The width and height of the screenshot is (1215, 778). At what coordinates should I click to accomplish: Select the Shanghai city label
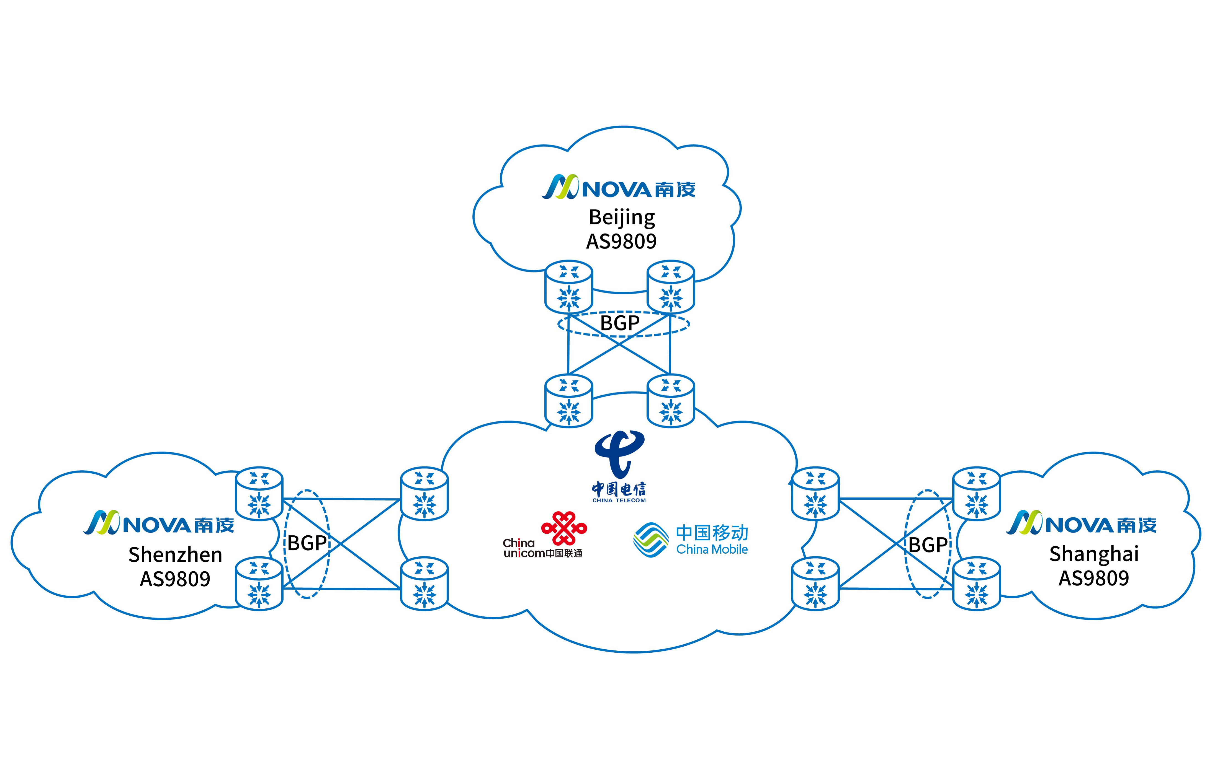pyautogui.click(x=1094, y=554)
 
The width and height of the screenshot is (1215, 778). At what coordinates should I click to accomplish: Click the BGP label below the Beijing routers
pyautogui.click(x=620, y=323)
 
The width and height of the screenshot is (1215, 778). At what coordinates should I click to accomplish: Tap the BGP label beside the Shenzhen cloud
pyautogui.click(x=307, y=543)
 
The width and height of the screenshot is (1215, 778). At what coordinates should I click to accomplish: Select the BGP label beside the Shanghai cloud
pyautogui.click(x=928, y=544)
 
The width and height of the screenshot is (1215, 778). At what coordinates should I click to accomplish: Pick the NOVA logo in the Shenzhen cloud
pyautogui.click(x=159, y=523)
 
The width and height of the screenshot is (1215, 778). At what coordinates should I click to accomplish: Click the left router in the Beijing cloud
pyautogui.click(x=569, y=286)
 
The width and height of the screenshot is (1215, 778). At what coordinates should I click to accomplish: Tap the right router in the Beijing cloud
pyautogui.click(x=671, y=286)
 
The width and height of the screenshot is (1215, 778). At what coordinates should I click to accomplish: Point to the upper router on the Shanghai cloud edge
pyautogui.click(x=976, y=493)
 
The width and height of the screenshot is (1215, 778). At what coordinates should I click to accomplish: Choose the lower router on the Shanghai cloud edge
pyautogui.click(x=976, y=583)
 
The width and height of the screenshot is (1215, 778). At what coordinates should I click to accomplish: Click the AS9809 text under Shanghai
pyautogui.click(x=1094, y=578)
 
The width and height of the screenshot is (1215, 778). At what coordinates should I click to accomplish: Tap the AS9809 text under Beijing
pyautogui.click(x=621, y=242)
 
